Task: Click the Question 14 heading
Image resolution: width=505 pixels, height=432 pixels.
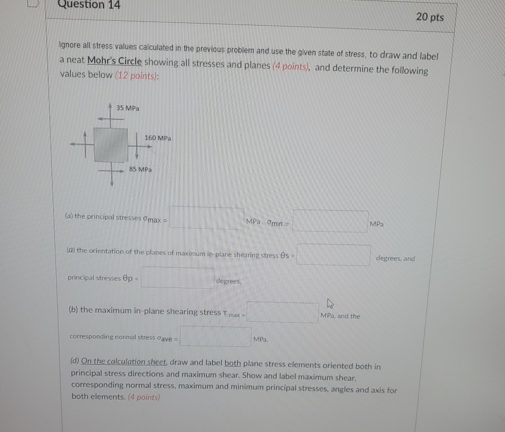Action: click(x=89, y=5)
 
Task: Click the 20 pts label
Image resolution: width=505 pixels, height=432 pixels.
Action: click(x=429, y=17)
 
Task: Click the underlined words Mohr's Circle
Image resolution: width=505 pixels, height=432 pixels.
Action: click(x=114, y=61)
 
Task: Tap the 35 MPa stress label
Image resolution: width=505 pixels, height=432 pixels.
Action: click(x=128, y=108)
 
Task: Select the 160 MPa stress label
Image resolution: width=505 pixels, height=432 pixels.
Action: click(x=157, y=138)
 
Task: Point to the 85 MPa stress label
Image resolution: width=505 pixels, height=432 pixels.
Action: click(x=140, y=170)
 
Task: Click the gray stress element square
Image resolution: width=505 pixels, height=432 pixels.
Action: click(x=111, y=144)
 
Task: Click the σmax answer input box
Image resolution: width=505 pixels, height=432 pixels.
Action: click(x=206, y=218)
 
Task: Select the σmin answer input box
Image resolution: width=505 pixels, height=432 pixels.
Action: click(x=330, y=221)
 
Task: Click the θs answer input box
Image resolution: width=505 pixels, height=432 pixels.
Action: click(x=334, y=255)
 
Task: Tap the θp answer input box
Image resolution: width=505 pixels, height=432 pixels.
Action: click(x=177, y=278)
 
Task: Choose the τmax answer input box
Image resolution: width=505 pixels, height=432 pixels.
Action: click(x=282, y=313)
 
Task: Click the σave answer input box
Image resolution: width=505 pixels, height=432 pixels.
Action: click(x=215, y=337)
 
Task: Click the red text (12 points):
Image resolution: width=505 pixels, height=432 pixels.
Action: click(x=137, y=75)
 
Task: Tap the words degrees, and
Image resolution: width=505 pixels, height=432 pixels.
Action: click(x=395, y=259)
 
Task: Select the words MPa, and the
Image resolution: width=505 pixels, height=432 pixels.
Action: click(x=340, y=316)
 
